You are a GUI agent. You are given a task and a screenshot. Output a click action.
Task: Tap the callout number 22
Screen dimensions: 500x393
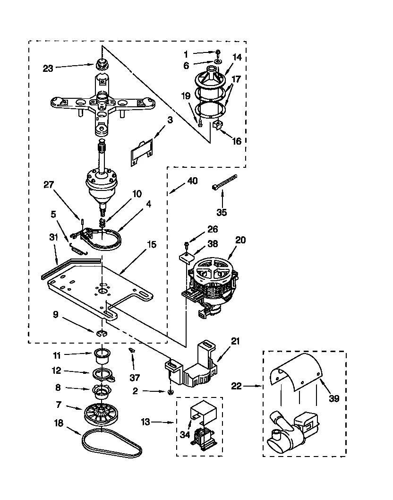click(237, 386)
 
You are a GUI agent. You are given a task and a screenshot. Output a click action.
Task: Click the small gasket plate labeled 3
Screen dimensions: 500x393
click(142, 152)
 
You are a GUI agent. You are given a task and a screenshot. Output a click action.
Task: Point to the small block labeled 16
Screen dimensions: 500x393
click(217, 125)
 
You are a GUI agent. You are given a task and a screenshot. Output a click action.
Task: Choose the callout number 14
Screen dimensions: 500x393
click(237, 57)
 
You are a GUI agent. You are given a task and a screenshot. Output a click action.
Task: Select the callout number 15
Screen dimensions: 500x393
click(152, 245)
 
